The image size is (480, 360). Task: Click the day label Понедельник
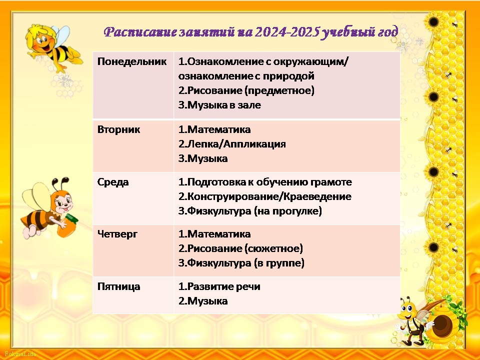click(x=132, y=62)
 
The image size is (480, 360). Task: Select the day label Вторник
click(x=118, y=129)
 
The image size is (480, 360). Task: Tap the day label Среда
click(x=113, y=182)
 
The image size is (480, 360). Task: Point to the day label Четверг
click(x=117, y=234)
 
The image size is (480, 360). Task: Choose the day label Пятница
click(x=119, y=286)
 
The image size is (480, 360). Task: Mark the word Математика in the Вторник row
click(x=219, y=129)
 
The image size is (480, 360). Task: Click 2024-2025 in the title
click(x=286, y=32)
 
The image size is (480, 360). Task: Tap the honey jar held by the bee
click(x=67, y=226)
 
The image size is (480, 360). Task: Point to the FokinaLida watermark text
click(x=20, y=354)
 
